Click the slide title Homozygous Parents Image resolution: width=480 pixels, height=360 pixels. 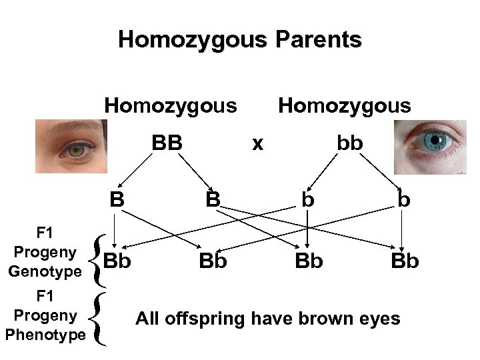click(240, 40)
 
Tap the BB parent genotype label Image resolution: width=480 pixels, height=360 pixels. click(167, 143)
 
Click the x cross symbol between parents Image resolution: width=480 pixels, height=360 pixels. click(257, 143)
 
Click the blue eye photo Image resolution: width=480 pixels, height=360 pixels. click(429, 146)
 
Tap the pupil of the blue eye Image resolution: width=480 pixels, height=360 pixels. click(437, 140)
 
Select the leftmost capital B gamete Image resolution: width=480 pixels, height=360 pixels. click(117, 199)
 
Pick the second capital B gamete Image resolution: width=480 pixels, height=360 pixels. click(213, 199)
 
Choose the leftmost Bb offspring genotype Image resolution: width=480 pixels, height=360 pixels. click(117, 260)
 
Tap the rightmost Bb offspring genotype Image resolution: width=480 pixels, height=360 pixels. click(405, 260)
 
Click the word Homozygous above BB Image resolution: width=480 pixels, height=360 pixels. click(171, 105)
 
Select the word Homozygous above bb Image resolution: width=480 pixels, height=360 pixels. click(345, 105)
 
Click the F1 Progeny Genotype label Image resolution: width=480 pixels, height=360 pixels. click(45, 253)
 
